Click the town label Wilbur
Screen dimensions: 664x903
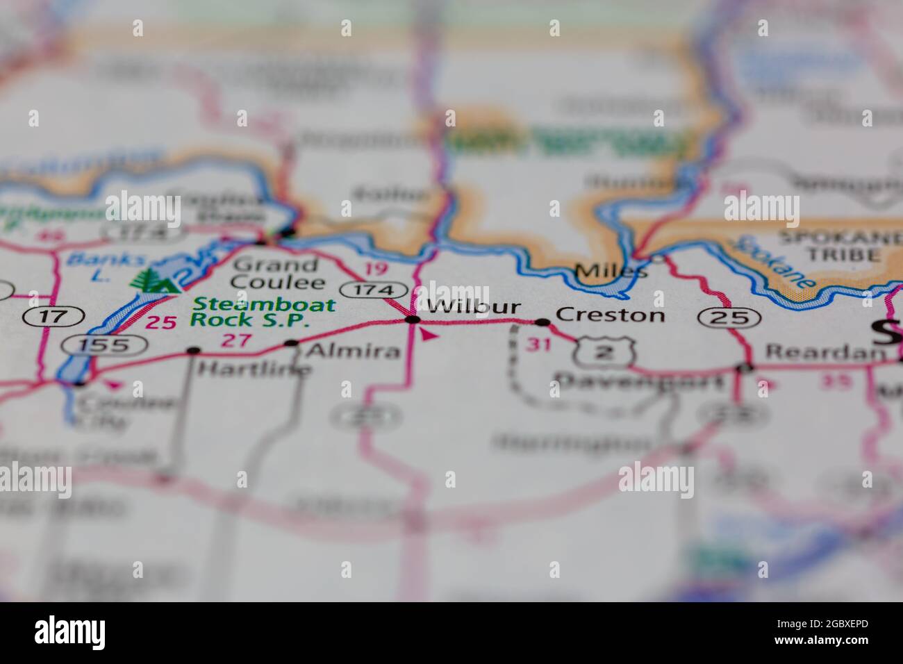click(473, 307)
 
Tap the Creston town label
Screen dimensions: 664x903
click(611, 315)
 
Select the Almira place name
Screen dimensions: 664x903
click(353, 351)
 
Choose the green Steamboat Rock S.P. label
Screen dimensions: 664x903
click(263, 312)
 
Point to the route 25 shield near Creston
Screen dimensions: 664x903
click(730, 317)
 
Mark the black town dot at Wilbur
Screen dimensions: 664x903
click(413, 319)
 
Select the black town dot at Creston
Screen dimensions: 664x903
click(542, 322)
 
